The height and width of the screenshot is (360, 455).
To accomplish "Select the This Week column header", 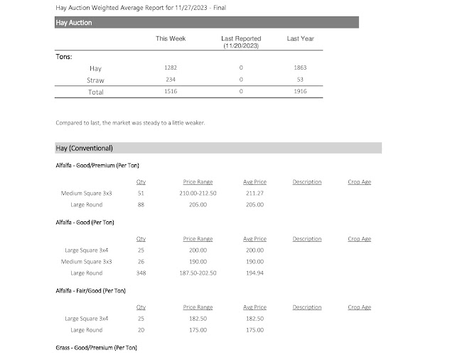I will (171, 38).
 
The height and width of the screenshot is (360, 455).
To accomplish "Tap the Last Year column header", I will (300, 38).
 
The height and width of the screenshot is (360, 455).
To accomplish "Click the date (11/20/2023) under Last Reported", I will (241, 45).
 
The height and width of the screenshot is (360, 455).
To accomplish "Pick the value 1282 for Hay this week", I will (171, 68).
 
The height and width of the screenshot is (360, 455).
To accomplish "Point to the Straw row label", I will (95, 80).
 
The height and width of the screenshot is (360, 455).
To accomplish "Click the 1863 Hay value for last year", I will (300, 68).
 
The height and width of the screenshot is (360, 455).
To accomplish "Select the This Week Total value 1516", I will (171, 92).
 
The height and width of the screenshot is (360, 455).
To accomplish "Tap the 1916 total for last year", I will (300, 92).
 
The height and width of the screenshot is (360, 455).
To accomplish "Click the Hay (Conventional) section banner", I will (218, 148).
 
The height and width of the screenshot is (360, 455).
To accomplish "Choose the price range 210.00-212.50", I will (198, 193).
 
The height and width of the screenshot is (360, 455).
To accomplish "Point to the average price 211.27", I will (255, 193).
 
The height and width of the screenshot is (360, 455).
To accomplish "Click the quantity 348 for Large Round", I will (141, 273).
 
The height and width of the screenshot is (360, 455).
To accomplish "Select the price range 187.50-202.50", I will (198, 273).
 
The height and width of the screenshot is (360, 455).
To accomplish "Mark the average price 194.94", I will (255, 273).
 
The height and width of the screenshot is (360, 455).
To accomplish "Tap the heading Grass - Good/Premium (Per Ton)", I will (96, 347).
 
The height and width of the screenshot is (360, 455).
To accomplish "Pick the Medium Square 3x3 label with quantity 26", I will (88, 262).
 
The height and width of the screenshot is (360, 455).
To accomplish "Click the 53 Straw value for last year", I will (300, 80).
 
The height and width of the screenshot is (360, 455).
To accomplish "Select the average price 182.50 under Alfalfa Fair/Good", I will (255, 319).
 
